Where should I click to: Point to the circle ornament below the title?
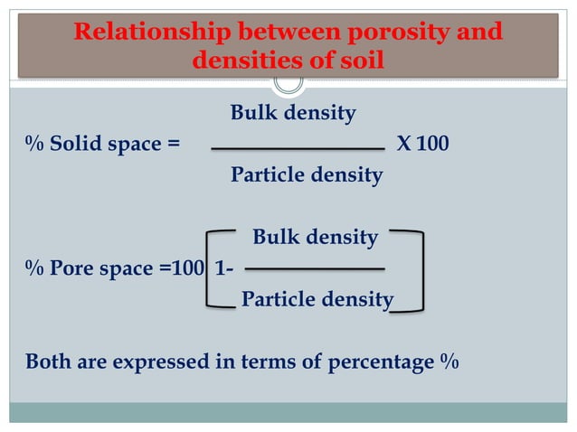click(x=288, y=81)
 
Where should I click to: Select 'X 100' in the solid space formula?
click(x=423, y=145)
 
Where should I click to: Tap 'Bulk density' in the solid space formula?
click(x=293, y=114)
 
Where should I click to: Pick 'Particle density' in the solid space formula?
click(x=307, y=174)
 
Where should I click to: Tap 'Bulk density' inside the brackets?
click(x=315, y=238)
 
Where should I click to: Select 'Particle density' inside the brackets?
click(x=317, y=299)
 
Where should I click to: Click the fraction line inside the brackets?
click(x=315, y=268)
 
